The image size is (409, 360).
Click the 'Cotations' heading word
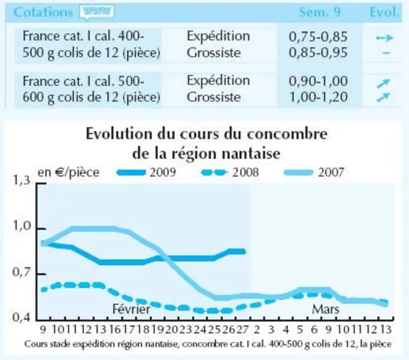coord(43,12)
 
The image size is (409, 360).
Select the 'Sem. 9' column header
coord(320,12)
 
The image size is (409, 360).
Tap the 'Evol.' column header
coord(385,12)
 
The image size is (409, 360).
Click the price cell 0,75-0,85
coord(318,37)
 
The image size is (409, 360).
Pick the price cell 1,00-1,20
coord(318,97)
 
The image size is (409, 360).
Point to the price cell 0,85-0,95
coord(318,52)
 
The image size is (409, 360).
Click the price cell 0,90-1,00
coord(318,81)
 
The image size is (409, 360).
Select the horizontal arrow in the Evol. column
coord(385,38)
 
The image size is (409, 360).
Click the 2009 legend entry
coord(146,172)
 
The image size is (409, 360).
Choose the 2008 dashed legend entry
coord(230,172)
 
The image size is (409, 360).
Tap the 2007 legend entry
coord(314,172)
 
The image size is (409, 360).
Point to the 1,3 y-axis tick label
coord(21,180)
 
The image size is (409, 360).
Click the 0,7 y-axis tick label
coord(21,272)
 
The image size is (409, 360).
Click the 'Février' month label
coord(131,309)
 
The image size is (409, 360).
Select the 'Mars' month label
coord(325,309)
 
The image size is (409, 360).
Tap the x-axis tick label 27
coord(242,330)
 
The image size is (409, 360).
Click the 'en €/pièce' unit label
coord(69,172)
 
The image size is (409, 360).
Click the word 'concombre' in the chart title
coord(287,134)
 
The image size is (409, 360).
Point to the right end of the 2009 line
coord(244,252)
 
